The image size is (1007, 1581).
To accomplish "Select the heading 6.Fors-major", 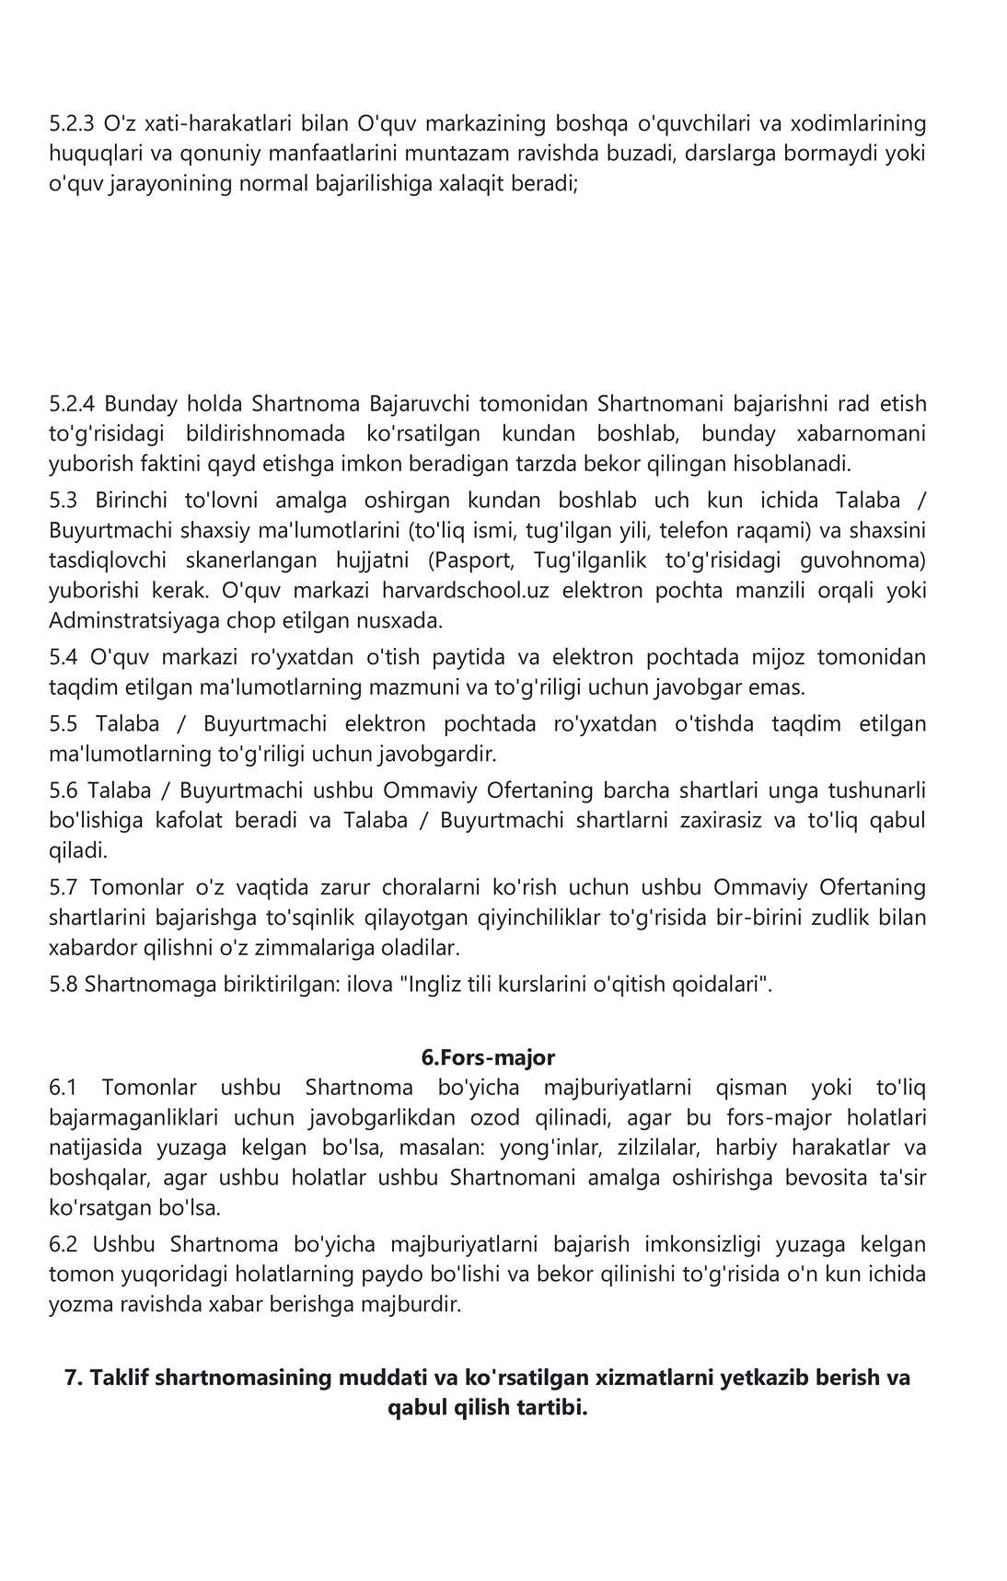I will (x=488, y=1057).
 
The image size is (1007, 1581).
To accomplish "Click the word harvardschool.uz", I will (x=466, y=590).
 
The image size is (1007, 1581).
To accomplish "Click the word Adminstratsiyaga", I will (x=120, y=620).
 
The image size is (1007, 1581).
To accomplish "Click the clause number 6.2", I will (x=64, y=1244).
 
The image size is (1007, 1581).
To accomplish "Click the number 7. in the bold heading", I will (x=74, y=1378).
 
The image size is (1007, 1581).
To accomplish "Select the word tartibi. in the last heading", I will (x=547, y=1408).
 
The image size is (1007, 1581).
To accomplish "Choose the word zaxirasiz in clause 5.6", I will (x=715, y=820).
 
